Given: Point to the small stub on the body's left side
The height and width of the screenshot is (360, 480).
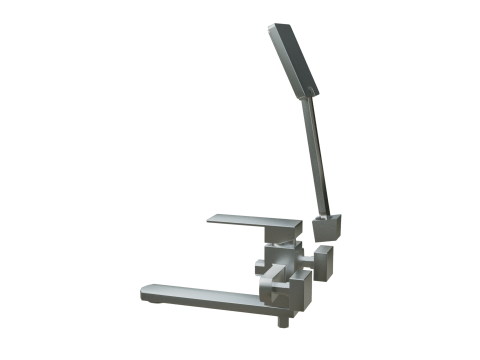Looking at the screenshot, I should (x=259, y=266).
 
